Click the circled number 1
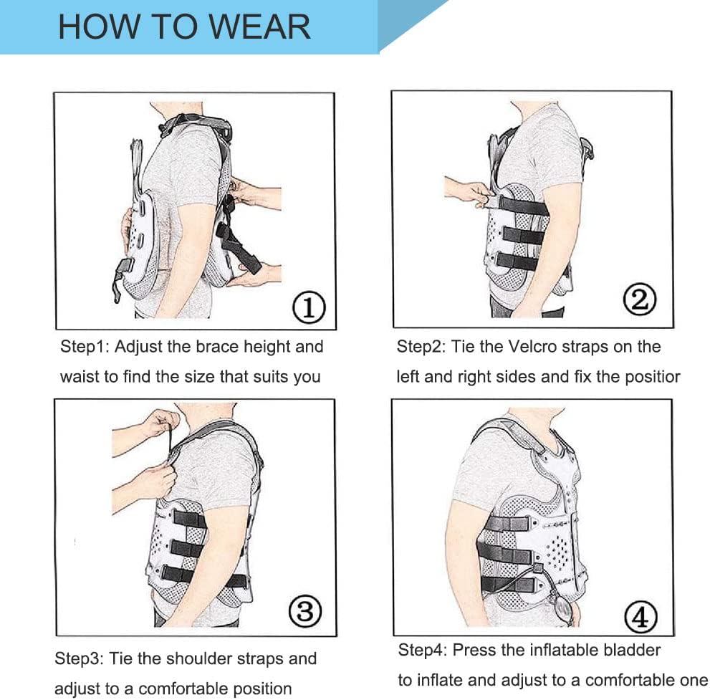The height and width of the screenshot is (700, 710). click(x=310, y=308)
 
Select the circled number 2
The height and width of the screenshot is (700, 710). click(x=640, y=299)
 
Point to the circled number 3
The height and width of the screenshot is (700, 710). click(x=305, y=611)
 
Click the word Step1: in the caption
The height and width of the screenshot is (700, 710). click(x=84, y=347)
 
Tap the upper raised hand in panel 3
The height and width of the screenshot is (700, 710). click(x=159, y=422)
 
